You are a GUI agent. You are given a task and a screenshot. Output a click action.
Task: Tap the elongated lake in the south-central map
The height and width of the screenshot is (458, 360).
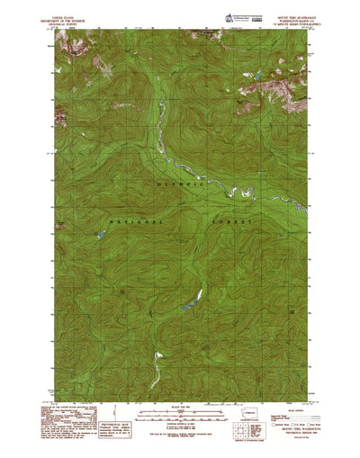coord(188,303)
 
